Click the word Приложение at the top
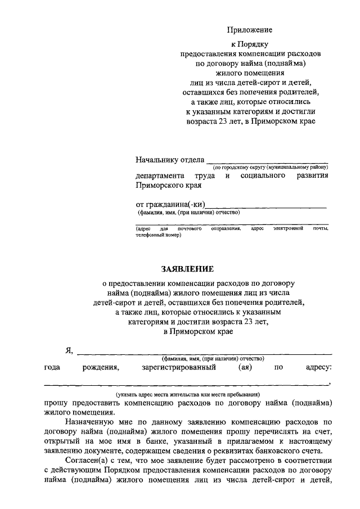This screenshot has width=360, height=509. click(250, 30)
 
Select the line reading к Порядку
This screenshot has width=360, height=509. click(250, 44)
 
